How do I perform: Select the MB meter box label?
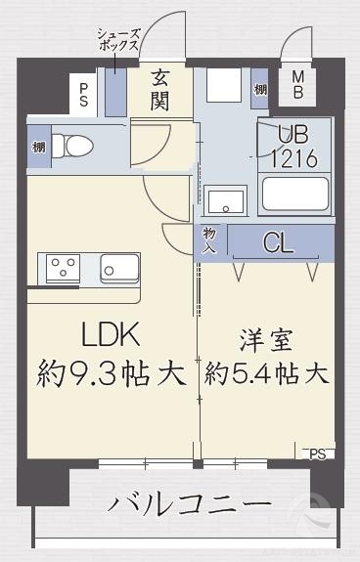point(298,85)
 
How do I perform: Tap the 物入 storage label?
point(209,241)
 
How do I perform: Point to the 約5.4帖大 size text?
point(266,373)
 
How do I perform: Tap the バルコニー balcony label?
point(190,505)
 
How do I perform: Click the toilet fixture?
point(72,146)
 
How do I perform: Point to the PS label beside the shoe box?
point(85,94)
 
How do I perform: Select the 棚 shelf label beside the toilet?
point(37,147)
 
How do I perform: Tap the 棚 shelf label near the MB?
point(259,88)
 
